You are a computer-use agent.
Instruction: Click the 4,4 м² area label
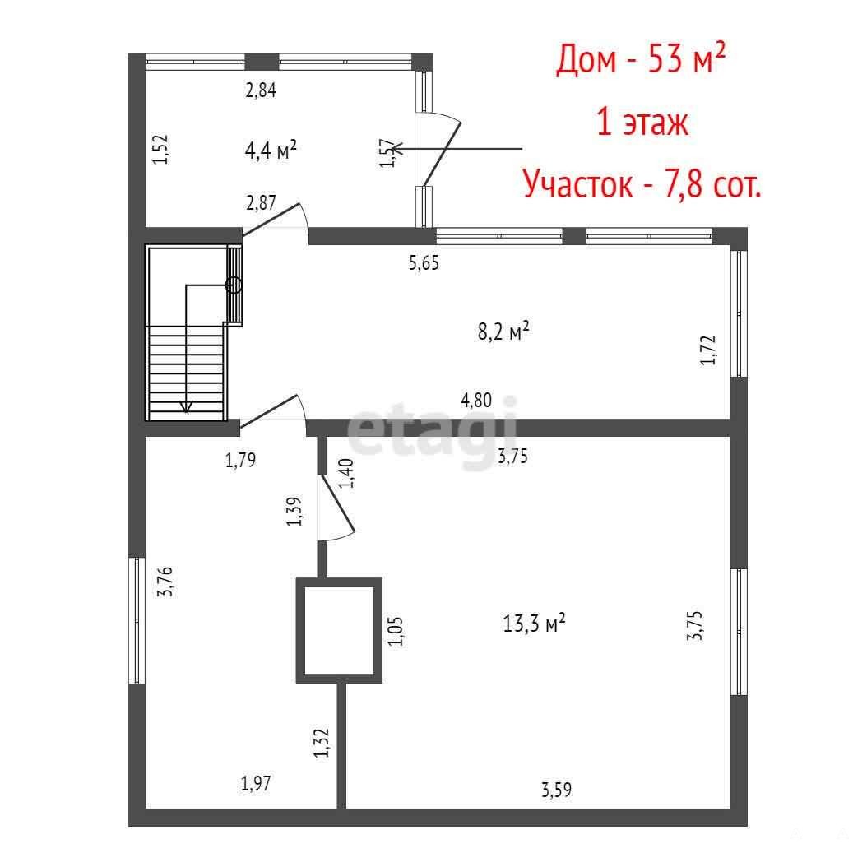[x=271, y=149]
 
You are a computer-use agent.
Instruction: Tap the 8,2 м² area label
[x=503, y=331]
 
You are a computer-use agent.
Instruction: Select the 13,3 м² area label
[x=534, y=624]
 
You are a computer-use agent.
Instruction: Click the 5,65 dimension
[x=424, y=262]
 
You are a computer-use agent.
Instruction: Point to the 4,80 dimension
[x=476, y=400]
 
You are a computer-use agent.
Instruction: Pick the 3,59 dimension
[x=556, y=790]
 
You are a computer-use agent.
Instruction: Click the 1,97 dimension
[x=256, y=783]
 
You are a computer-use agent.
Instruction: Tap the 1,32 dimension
[x=322, y=743]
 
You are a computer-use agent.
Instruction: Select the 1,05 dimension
[x=395, y=632]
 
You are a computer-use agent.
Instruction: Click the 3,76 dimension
[x=165, y=581]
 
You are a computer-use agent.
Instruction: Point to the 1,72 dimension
[x=707, y=350]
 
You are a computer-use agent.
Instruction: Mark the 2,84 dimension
[x=261, y=90]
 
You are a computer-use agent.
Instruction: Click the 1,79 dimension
[x=240, y=460]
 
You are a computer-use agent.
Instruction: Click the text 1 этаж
[x=642, y=122]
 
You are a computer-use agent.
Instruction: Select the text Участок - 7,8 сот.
[x=642, y=183]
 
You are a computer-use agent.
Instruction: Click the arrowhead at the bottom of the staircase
[x=187, y=406]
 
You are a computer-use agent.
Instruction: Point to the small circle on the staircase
[x=234, y=285]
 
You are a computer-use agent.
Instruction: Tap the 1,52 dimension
[x=160, y=149]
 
